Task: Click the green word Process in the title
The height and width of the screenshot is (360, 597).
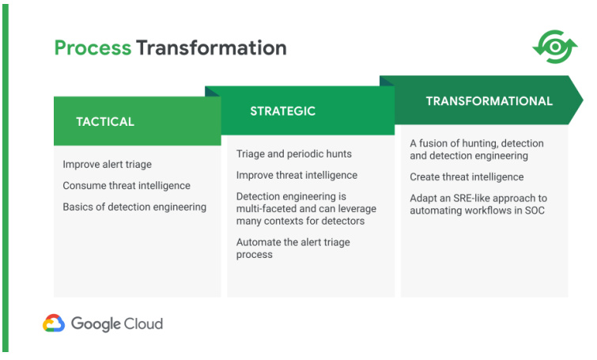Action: click(x=93, y=48)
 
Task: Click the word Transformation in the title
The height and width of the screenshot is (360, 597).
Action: click(x=211, y=47)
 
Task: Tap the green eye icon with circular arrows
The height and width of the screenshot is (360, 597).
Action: click(x=555, y=47)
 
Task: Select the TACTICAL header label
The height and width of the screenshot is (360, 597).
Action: click(x=105, y=122)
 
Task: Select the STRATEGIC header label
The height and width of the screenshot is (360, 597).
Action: click(x=283, y=111)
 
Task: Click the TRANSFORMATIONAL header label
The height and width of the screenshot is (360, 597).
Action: click(x=489, y=101)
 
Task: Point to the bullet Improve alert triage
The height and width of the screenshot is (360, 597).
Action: click(x=107, y=165)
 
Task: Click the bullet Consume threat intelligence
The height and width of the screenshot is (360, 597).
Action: click(x=127, y=185)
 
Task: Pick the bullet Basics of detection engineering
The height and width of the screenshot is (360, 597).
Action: click(x=134, y=207)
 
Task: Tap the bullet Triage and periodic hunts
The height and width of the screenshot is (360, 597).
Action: click(x=294, y=153)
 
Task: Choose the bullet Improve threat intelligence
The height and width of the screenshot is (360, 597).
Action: click(x=297, y=175)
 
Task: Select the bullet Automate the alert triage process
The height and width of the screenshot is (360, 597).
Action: click(x=293, y=248)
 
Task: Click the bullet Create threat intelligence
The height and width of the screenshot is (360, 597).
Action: click(x=467, y=176)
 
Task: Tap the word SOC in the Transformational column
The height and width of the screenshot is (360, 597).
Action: click(x=535, y=210)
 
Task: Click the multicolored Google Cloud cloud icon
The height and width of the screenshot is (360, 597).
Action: click(x=54, y=323)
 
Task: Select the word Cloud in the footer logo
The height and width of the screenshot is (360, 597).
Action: click(x=144, y=324)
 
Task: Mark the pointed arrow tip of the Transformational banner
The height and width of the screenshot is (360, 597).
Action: click(x=583, y=100)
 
